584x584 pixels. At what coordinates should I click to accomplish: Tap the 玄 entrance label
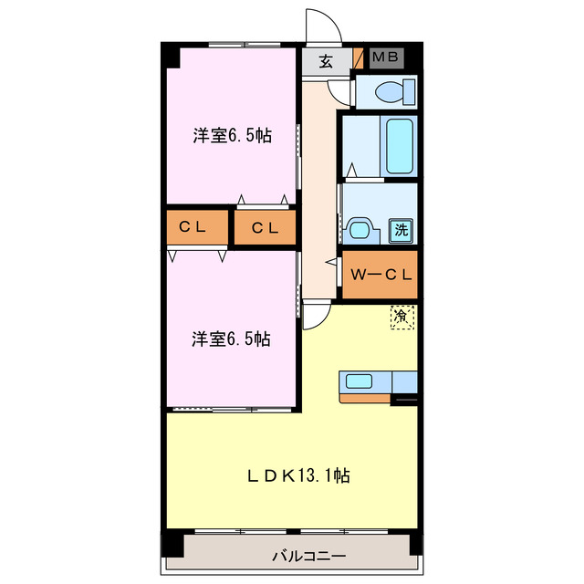click(x=325, y=62)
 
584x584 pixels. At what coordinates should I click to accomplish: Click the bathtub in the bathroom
click(x=399, y=145)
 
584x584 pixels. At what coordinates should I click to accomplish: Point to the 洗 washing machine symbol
click(x=401, y=231)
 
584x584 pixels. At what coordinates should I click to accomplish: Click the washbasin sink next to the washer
click(x=360, y=228)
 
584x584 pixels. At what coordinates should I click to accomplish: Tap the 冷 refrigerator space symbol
click(x=401, y=317)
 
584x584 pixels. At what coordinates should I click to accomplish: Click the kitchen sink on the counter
click(x=358, y=382)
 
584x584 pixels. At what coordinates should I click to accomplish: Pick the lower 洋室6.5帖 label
click(x=231, y=339)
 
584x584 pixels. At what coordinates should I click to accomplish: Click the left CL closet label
click(x=196, y=227)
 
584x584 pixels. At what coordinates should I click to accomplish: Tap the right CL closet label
click(x=265, y=227)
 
